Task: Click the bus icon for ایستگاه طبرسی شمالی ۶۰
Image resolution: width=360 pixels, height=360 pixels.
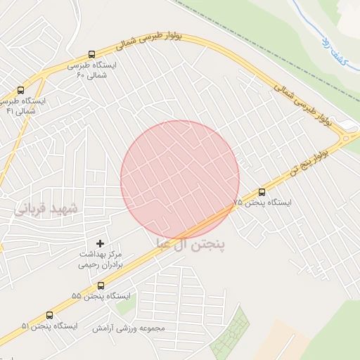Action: pos(92,54)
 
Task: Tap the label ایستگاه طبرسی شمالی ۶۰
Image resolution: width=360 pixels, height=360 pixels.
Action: pos(92,70)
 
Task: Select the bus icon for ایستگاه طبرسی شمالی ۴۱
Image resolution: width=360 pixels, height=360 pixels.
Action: pos(20,91)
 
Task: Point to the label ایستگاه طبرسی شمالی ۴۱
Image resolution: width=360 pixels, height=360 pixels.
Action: pos(25,106)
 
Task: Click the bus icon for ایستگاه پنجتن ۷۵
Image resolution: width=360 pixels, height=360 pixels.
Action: pos(262,191)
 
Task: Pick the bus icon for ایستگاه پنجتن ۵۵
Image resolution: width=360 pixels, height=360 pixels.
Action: pos(101,285)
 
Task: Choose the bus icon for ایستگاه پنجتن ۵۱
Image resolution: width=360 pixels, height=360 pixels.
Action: pos(49,315)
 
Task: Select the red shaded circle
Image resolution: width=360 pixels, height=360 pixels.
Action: pos(180,180)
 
